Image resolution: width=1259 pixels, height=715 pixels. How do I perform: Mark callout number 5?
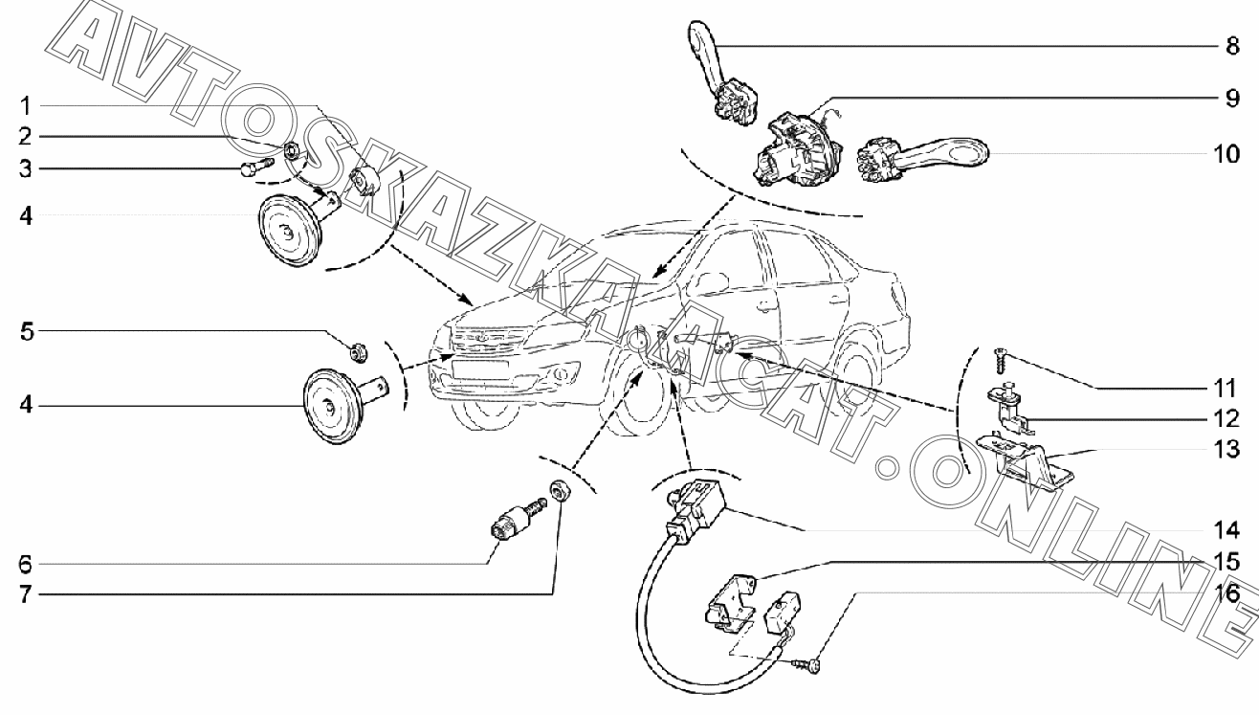point(28,333)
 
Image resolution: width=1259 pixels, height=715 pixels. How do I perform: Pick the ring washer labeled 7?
point(559,493)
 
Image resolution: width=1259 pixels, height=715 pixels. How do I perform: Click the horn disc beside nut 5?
point(329,408)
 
